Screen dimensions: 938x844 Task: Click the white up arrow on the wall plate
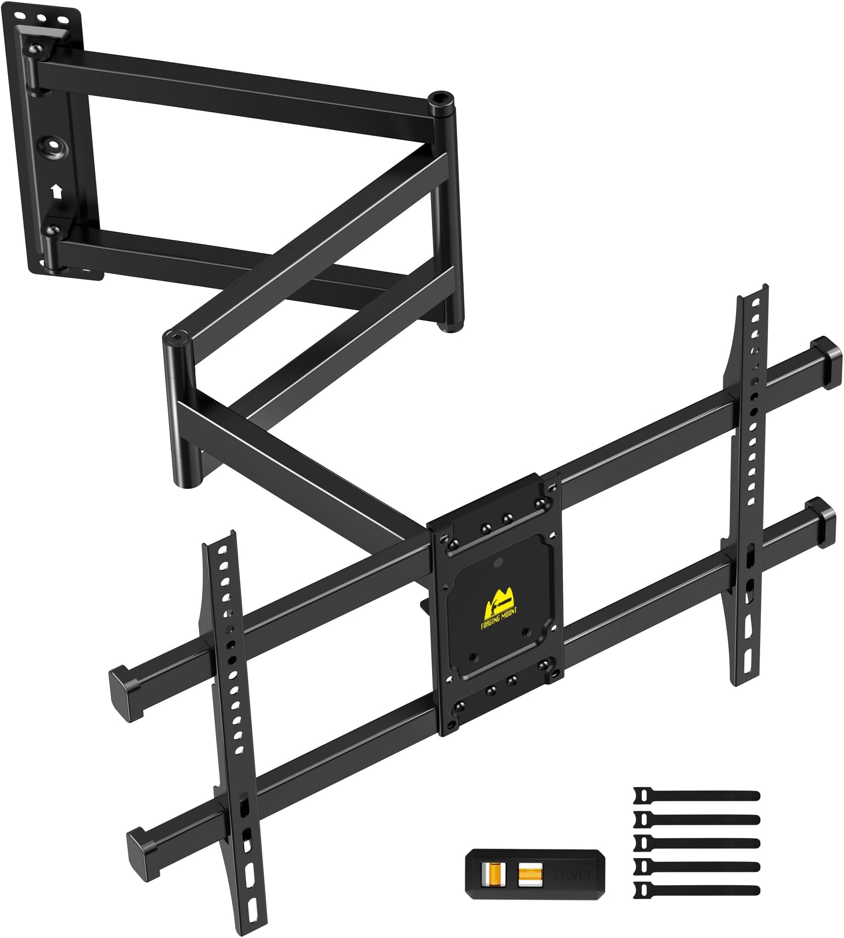(57, 192)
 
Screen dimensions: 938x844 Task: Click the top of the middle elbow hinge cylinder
(177, 338)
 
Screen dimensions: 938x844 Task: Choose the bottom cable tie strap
(697, 890)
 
